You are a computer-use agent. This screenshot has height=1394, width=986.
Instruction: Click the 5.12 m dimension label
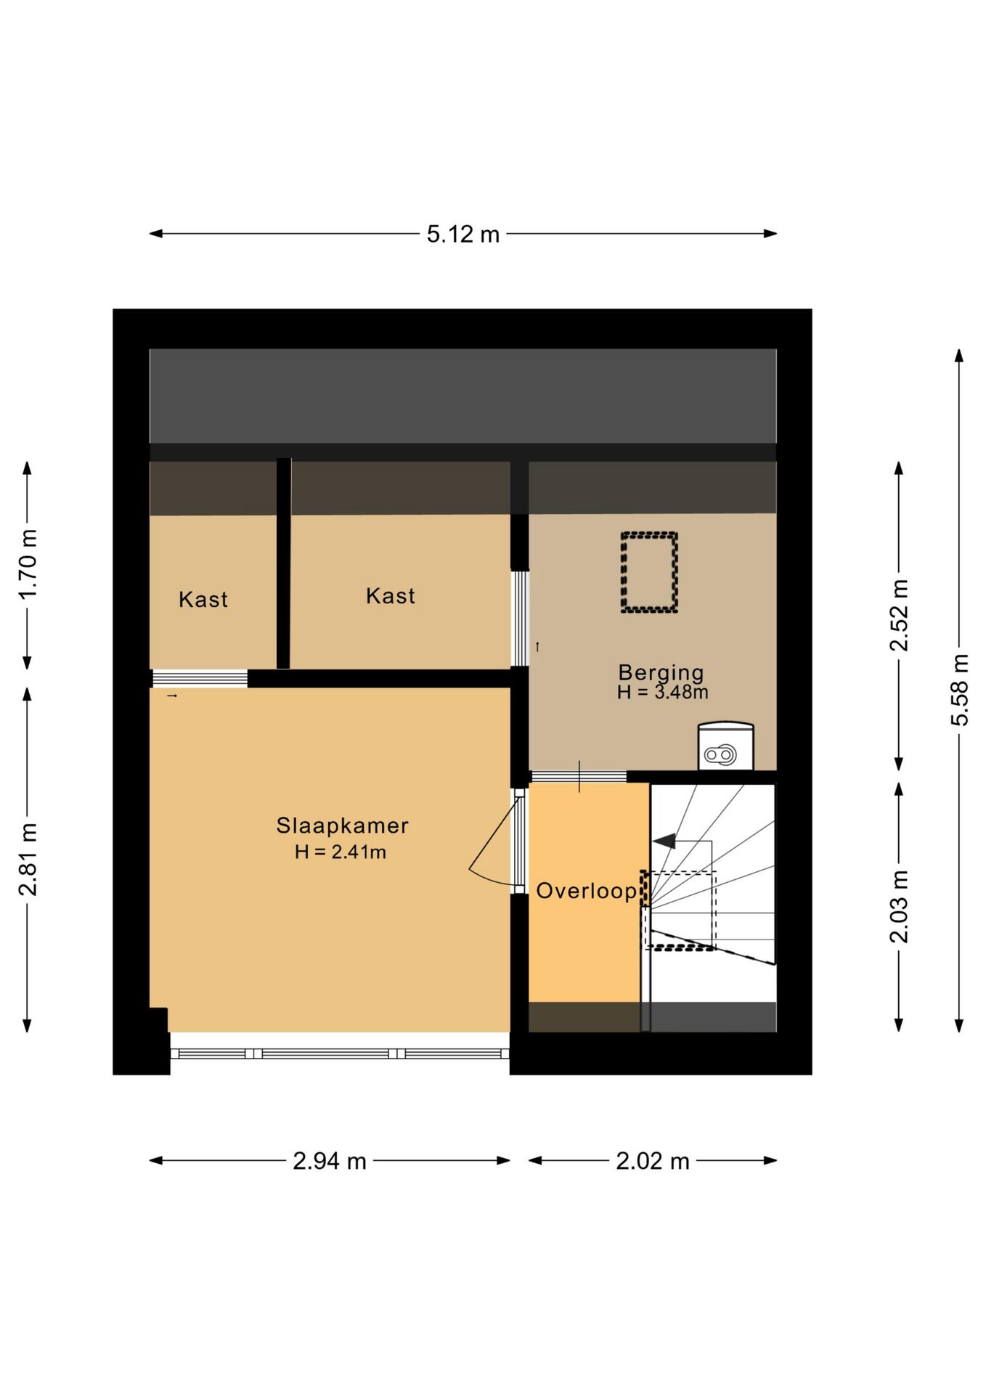point(463,235)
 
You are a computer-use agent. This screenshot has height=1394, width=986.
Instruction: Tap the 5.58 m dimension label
point(960,689)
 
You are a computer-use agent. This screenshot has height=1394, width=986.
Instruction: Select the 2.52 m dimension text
point(900,616)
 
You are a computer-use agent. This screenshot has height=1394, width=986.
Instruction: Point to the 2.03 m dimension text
point(900,906)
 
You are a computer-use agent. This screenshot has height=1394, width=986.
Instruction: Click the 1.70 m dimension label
point(28,564)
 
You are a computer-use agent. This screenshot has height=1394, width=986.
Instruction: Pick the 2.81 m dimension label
point(28,860)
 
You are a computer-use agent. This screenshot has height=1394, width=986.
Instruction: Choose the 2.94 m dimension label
point(330,1161)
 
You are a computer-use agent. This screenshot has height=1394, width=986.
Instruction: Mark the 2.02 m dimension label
point(653,1161)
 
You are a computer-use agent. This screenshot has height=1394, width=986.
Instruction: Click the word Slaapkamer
point(342,826)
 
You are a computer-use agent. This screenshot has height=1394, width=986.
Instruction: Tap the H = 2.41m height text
point(341,852)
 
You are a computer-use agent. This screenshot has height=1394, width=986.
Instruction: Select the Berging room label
point(661,672)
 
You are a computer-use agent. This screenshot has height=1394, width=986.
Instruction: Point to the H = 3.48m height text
point(662,693)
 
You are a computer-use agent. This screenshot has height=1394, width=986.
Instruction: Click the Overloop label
point(586,891)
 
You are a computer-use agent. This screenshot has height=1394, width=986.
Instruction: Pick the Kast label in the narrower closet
point(203,600)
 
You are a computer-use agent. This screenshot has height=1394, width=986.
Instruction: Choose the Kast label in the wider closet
point(391,596)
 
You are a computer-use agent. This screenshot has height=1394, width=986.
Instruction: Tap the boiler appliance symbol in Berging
point(725,746)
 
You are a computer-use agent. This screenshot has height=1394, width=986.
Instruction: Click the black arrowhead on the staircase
point(664,841)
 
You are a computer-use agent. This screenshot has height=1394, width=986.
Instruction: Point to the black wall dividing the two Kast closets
point(283,563)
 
